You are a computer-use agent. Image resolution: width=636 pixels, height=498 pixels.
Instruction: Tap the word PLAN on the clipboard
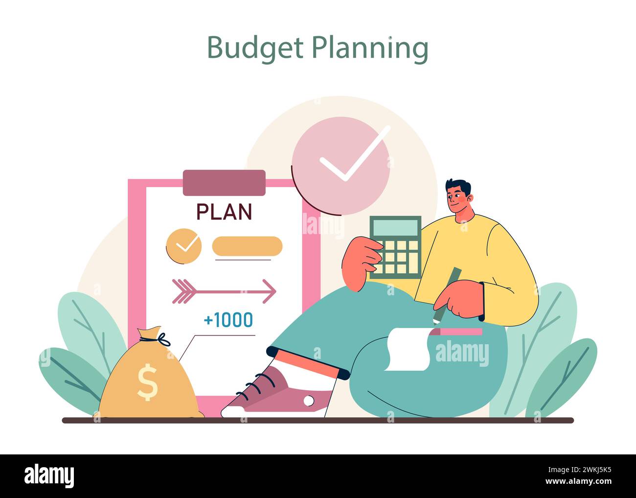point(224,212)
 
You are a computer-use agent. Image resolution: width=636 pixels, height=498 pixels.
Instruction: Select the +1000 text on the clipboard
point(228,320)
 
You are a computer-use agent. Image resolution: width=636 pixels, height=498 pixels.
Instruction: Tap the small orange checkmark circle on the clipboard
point(183,245)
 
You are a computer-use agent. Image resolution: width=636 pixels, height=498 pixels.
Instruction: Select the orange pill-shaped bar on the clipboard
point(248,246)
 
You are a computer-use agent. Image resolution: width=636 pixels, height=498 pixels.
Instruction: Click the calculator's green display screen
point(395,228)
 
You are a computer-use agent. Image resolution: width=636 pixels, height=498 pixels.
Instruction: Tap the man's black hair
point(458,186)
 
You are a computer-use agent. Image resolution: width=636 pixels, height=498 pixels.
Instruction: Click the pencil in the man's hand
point(447,294)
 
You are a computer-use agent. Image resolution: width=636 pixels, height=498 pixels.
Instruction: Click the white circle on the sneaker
point(308,401)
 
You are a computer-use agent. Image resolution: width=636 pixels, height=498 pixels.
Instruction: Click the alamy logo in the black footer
point(49,475)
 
